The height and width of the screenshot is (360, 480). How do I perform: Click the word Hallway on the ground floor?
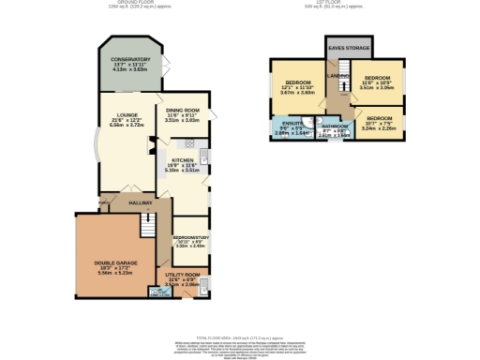click(x=141, y=202)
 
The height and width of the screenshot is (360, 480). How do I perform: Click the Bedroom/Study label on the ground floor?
click(x=190, y=238)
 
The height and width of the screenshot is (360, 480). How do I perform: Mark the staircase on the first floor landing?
click(x=344, y=67)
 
